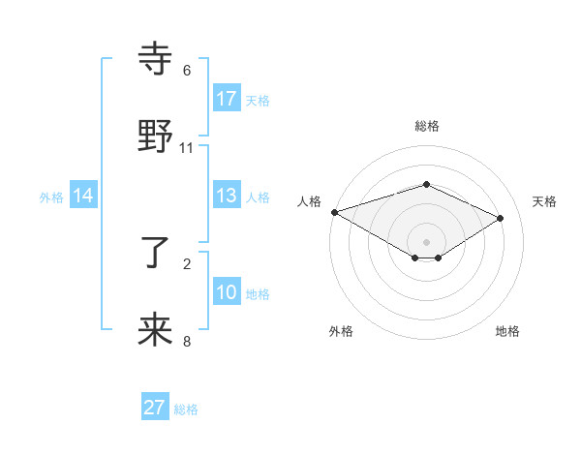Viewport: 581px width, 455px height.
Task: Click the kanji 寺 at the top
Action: (155, 60)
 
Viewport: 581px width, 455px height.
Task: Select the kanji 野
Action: (155, 136)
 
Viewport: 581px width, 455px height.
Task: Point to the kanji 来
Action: (155, 329)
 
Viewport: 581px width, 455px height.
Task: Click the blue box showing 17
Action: (227, 98)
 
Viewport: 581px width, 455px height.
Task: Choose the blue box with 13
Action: (227, 196)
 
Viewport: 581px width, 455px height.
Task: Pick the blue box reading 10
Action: (227, 292)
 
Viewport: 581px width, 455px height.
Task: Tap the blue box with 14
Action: (83, 196)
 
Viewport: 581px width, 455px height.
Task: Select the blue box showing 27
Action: (155, 408)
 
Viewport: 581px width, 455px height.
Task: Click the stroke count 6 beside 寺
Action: (187, 71)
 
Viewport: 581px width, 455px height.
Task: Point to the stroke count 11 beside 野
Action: (187, 147)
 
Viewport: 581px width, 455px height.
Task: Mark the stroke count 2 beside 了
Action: (187, 263)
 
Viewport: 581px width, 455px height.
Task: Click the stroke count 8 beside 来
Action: (187, 340)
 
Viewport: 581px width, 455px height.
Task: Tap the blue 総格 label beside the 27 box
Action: (186, 409)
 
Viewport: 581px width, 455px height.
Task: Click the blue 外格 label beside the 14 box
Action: (51, 197)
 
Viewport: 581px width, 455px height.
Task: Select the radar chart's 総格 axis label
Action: (427, 126)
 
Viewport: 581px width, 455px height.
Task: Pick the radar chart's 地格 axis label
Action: (507, 331)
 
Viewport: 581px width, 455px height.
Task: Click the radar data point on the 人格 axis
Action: (334, 212)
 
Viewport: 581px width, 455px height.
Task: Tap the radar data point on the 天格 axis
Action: (501, 218)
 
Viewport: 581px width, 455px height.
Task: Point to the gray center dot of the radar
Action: (427, 242)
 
